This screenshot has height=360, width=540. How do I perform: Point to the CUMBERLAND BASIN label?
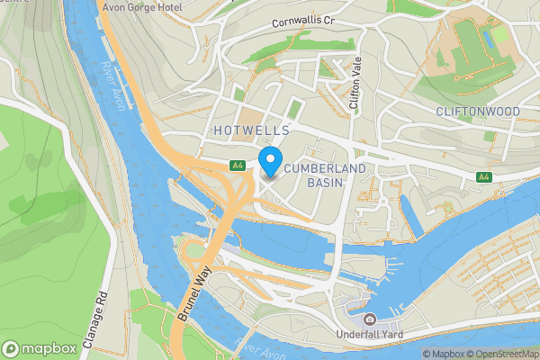point(312,175)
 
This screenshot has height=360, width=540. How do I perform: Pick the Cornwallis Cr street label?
point(305,20)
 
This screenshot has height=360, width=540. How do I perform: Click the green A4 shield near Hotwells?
point(238,166)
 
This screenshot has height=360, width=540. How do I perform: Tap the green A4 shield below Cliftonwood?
point(484,177)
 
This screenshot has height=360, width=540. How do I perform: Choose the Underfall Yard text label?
point(370,336)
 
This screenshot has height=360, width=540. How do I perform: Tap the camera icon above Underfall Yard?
point(369,319)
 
